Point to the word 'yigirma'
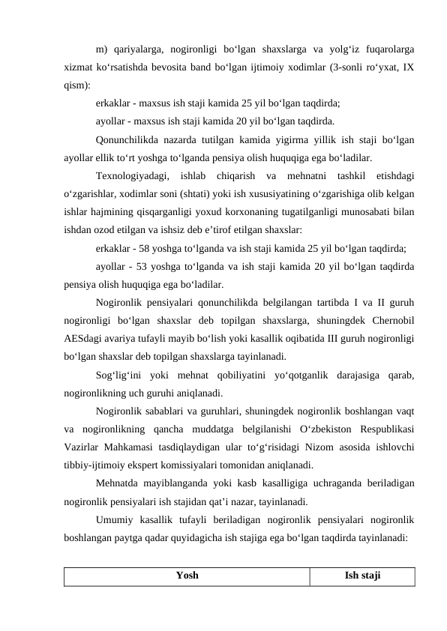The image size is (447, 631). tap(293, 139)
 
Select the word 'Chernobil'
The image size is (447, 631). tap(390, 319)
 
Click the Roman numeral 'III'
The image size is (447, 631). tap(320, 337)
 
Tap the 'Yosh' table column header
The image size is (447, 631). tap(187, 576)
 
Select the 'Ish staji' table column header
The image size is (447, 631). tap(363, 576)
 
